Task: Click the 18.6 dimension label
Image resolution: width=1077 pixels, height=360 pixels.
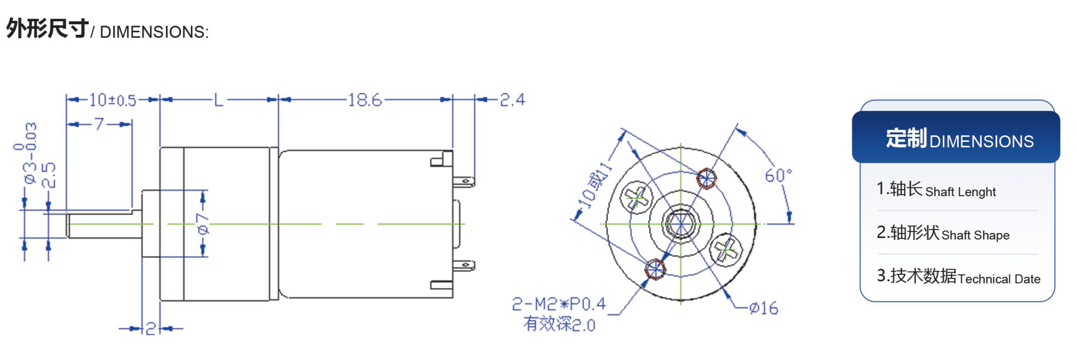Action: click(365, 100)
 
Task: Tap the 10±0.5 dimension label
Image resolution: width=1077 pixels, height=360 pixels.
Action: click(113, 100)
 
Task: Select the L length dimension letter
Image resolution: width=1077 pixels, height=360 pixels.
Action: click(218, 100)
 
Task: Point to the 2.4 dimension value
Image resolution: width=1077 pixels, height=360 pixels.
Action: click(512, 100)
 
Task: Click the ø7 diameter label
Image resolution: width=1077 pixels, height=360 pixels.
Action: click(203, 224)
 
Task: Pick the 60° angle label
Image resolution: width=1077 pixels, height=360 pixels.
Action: click(778, 176)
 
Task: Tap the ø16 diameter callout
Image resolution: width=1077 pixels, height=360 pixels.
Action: click(764, 308)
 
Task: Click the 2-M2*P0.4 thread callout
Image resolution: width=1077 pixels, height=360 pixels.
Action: click(559, 304)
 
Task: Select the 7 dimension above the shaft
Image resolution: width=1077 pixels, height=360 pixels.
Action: click(99, 124)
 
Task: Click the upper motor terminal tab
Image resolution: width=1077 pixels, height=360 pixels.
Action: click(464, 181)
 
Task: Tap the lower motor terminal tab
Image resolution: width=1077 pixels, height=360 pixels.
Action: click(464, 265)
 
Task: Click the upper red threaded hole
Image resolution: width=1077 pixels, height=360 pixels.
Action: click(706, 178)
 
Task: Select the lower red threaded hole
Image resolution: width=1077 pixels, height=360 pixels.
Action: click(655, 270)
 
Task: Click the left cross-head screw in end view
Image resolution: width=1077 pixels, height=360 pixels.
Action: click(636, 198)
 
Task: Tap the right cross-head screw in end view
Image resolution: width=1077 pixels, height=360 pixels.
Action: click(726, 249)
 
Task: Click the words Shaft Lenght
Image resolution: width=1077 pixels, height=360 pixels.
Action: click(960, 192)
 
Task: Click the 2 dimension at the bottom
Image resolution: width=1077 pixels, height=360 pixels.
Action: click(150, 329)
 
